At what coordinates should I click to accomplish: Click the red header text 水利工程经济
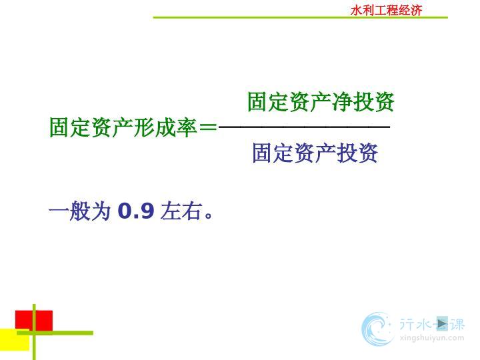click(386, 11)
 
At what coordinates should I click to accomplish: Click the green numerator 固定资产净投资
click(321, 101)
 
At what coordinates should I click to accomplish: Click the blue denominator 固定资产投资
click(315, 153)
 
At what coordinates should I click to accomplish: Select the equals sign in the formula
click(208, 127)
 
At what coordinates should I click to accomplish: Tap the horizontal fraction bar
click(304, 126)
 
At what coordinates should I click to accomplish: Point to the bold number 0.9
click(136, 211)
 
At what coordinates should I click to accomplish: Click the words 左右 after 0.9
click(181, 211)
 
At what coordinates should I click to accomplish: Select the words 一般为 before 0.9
click(79, 211)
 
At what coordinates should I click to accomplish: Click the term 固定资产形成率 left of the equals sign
click(123, 127)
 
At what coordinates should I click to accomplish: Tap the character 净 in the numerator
click(341, 101)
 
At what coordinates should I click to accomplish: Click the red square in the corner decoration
click(34, 321)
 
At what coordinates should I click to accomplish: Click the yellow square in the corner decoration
click(15, 339)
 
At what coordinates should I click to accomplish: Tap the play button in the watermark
click(442, 323)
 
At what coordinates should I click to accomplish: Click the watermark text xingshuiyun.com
click(432, 338)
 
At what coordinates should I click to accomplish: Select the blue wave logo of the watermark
click(377, 329)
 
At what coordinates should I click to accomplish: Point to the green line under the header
click(300, 17)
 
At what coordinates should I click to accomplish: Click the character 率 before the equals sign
click(187, 127)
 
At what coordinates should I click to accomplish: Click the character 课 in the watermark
click(457, 324)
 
